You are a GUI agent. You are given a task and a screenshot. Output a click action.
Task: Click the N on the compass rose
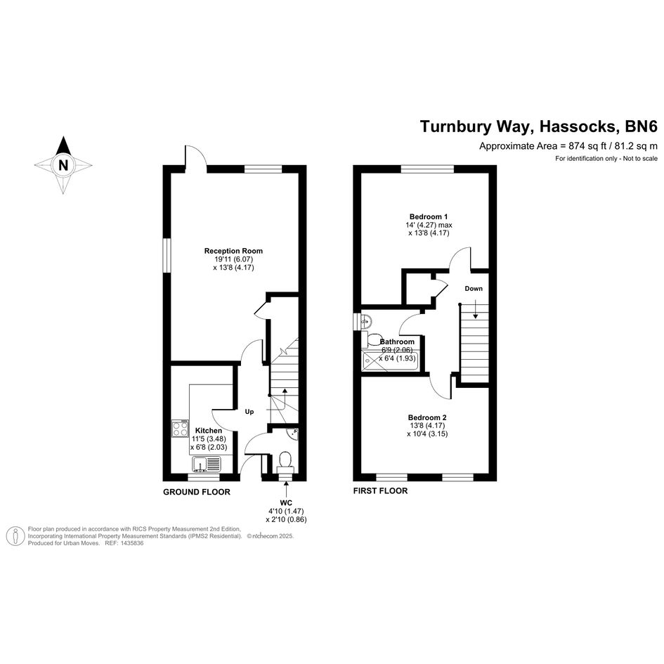63,164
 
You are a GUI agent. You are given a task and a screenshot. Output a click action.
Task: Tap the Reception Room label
233,251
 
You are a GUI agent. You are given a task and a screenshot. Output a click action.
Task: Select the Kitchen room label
209,430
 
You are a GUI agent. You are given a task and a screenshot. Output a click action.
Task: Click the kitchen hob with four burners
180,428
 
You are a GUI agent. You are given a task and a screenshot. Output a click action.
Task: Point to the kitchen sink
207,464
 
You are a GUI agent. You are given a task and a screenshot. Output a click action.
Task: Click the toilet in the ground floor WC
285,462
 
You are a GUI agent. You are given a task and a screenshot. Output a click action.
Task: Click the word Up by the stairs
249,412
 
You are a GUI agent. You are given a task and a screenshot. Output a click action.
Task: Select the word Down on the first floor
474,288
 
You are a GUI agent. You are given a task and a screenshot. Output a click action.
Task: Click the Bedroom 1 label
429,216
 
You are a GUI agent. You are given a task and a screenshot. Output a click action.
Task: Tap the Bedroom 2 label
427,417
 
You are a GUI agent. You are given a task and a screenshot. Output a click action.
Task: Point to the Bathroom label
397,341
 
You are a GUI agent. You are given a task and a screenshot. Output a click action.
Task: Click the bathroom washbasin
366,321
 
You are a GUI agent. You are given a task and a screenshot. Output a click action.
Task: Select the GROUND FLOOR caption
197,492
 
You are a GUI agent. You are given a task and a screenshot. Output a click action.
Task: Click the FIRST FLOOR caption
380,491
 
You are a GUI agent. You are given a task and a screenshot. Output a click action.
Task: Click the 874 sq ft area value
587,146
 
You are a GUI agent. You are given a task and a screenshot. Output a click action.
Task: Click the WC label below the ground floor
286,503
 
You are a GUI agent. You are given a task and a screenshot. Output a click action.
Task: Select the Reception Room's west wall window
167,255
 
